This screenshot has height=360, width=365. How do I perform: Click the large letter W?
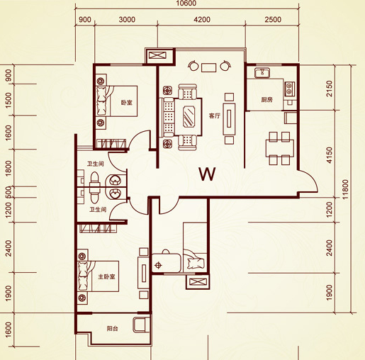point(207,174)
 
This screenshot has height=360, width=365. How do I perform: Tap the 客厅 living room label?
point(215,116)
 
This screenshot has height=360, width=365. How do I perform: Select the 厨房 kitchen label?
point(266,100)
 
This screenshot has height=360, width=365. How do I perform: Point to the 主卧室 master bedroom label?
point(106,276)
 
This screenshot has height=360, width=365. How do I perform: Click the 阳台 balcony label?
point(112,328)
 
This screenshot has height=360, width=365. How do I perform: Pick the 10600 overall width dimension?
point(186,4)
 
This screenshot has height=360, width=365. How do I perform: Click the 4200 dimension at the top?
point(202,19)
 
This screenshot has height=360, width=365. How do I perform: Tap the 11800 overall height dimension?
point(345,189)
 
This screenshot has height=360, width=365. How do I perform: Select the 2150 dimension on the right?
point(329,89)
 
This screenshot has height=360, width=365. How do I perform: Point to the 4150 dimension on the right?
point(329,155)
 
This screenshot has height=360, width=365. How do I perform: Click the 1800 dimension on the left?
point(9,168)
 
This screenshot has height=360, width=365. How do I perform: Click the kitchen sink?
point(262,73)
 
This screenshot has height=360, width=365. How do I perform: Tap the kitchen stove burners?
point(289,89)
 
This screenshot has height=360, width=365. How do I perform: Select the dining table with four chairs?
point(279,148)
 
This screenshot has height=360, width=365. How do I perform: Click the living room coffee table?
point(189,117)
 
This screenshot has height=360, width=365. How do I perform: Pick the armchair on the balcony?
point(142,325)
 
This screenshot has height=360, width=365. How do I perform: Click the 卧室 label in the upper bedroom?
point(127,103)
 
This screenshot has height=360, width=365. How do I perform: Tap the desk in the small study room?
point(167,264)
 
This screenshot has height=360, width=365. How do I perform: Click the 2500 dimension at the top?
point(273,19)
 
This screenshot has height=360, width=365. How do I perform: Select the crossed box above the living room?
point(158,56)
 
